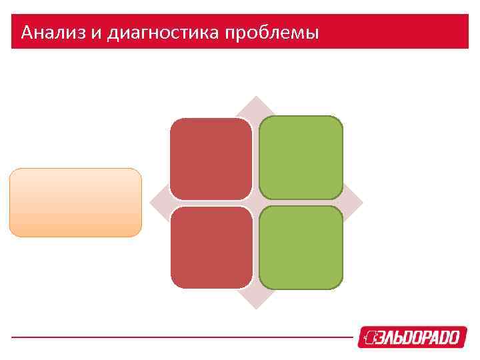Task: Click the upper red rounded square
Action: pos(211,159)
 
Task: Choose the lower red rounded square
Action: pos(211,247)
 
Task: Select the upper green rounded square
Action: pos(301,158)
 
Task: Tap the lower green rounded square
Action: pos(301,247)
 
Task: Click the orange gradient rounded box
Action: pos(75,203)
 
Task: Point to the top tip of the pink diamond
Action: pos(256,99)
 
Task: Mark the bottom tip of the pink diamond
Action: pos(256,307)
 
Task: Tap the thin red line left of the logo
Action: pos(180,337)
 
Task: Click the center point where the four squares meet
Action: pos(256,203)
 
